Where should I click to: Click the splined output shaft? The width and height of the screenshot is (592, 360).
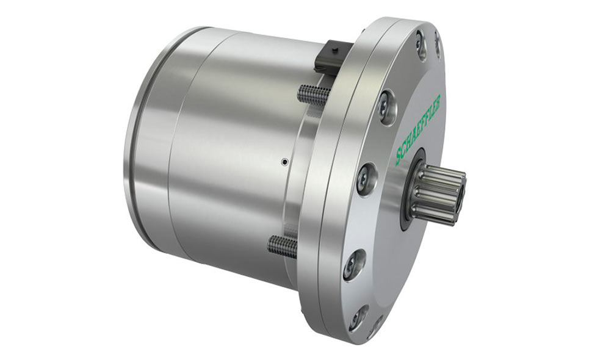(438, 195)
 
